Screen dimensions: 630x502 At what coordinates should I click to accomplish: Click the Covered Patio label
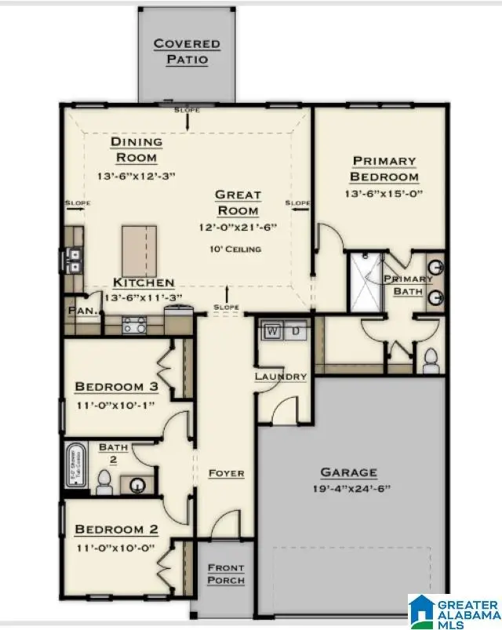coord(186,52)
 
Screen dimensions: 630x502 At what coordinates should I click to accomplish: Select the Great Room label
coord(238,202)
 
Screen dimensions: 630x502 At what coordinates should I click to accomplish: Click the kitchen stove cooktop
coord(133,326)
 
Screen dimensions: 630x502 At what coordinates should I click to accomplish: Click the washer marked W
coord(272,331)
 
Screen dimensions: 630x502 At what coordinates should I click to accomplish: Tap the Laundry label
coord(280,377)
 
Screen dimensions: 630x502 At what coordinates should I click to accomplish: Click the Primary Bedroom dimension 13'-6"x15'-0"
coord(383,193)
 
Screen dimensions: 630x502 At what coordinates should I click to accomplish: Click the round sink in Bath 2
coord(140,485)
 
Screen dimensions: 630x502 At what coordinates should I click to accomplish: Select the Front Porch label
coord(225,574)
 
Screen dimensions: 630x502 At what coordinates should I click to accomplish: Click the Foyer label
coord(226,474)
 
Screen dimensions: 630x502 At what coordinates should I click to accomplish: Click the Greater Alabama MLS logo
coord(453,610)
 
